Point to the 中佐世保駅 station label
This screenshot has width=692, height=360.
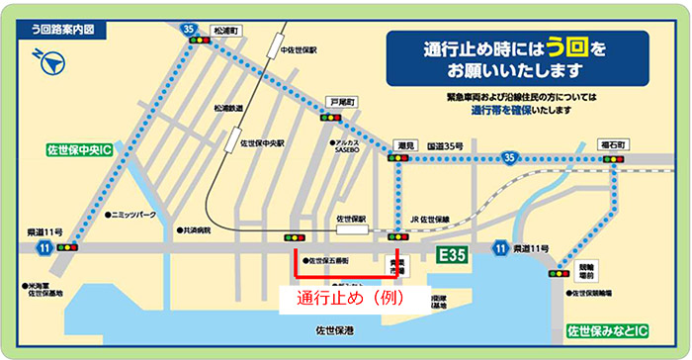tap(296, 48)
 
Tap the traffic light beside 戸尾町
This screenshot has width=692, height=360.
tap(330, 117)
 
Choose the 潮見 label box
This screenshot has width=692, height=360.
tap(403, 144)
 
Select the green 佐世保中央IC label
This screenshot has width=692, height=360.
tap(80, 150)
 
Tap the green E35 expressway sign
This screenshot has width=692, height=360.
tap(455, 256)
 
